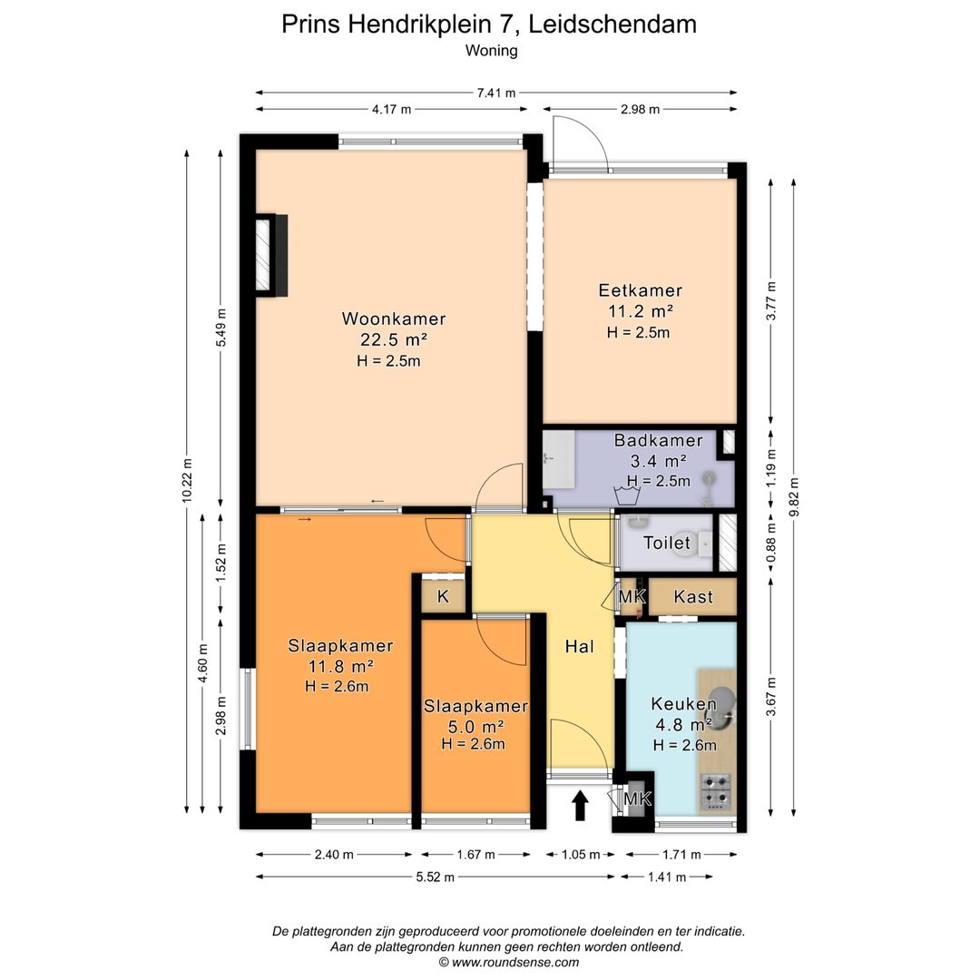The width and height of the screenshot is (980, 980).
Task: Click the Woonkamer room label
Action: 394,318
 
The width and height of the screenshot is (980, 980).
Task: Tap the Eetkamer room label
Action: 640,290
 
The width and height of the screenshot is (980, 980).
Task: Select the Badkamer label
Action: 658,440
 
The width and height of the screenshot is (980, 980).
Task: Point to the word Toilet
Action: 667,543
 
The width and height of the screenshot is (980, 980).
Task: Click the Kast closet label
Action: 693,597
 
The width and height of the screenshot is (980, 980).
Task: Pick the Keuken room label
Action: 684,704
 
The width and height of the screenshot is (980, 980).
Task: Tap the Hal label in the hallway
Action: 579,646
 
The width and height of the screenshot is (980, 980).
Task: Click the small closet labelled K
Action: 443,596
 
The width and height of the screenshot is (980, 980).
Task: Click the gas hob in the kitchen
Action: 716,791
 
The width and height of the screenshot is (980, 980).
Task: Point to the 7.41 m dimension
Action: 496,93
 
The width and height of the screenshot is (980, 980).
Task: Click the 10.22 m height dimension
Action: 188,480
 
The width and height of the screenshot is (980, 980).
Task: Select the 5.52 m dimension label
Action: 435,877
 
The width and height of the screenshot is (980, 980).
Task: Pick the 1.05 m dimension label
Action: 581,855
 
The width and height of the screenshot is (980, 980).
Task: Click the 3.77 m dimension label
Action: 771,300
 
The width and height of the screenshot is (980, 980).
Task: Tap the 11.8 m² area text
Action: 340,666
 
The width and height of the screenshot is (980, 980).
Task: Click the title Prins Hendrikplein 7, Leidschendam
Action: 489,24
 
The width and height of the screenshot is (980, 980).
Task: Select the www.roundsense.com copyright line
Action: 509,963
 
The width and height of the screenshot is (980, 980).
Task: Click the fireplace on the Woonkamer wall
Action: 272,255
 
